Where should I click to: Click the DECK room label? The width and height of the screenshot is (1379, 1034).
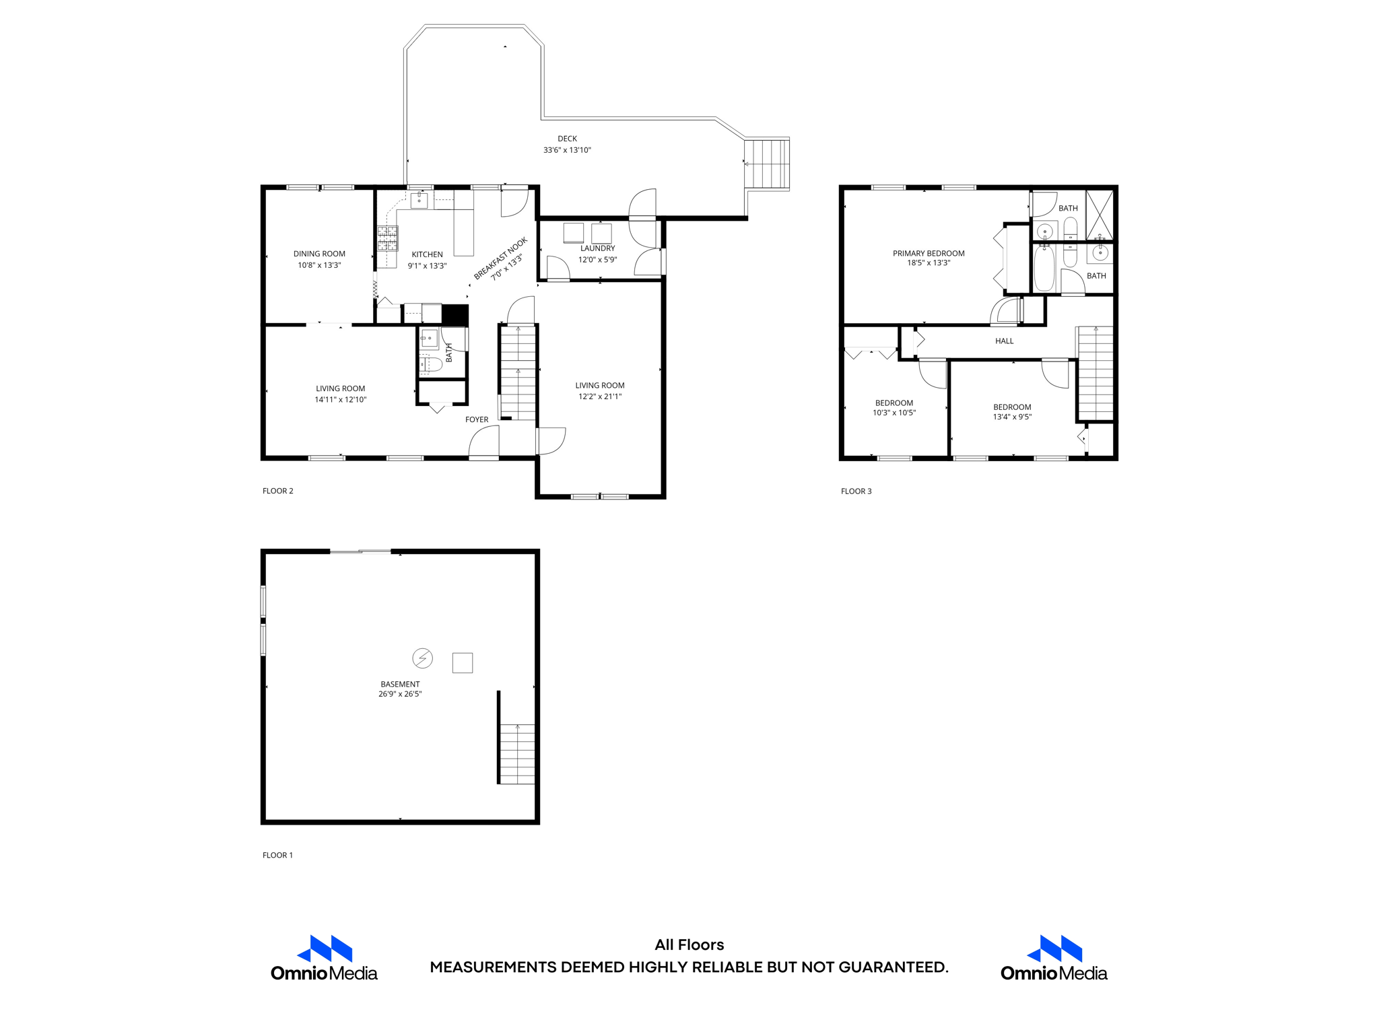point(567,139)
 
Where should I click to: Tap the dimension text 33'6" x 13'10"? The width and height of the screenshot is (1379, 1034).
point(567,150)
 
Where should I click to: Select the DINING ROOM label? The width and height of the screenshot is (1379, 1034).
point(319,254)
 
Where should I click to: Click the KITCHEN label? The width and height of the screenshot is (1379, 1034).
point(427,254)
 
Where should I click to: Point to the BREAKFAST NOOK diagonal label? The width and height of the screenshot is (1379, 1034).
point(500,258)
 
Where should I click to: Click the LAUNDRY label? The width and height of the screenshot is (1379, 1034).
point(597,248)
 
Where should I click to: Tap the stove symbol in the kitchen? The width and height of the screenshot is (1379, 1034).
point(387,238)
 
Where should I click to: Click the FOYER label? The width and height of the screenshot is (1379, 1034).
point(477,419)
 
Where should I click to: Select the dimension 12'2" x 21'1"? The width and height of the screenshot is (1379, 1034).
point(599,397)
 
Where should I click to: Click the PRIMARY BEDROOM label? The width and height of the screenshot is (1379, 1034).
point(929,254)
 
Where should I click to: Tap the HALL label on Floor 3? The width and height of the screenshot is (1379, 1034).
point(1004,341)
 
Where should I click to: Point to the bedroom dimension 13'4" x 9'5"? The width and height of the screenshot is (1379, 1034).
point(1012,417)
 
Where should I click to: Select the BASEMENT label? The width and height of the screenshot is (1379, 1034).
point(400,684)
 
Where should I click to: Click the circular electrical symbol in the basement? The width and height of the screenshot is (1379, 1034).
point(423,658)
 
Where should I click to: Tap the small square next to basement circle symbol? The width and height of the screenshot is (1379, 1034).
point(463,663)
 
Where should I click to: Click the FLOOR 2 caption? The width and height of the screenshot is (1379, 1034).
point(278,491)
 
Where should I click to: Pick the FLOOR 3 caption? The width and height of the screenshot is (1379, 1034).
point(856,491)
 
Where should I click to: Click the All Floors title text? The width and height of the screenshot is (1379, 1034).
point(689,944)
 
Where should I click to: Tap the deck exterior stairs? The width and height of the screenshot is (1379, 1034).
point(767,164)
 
